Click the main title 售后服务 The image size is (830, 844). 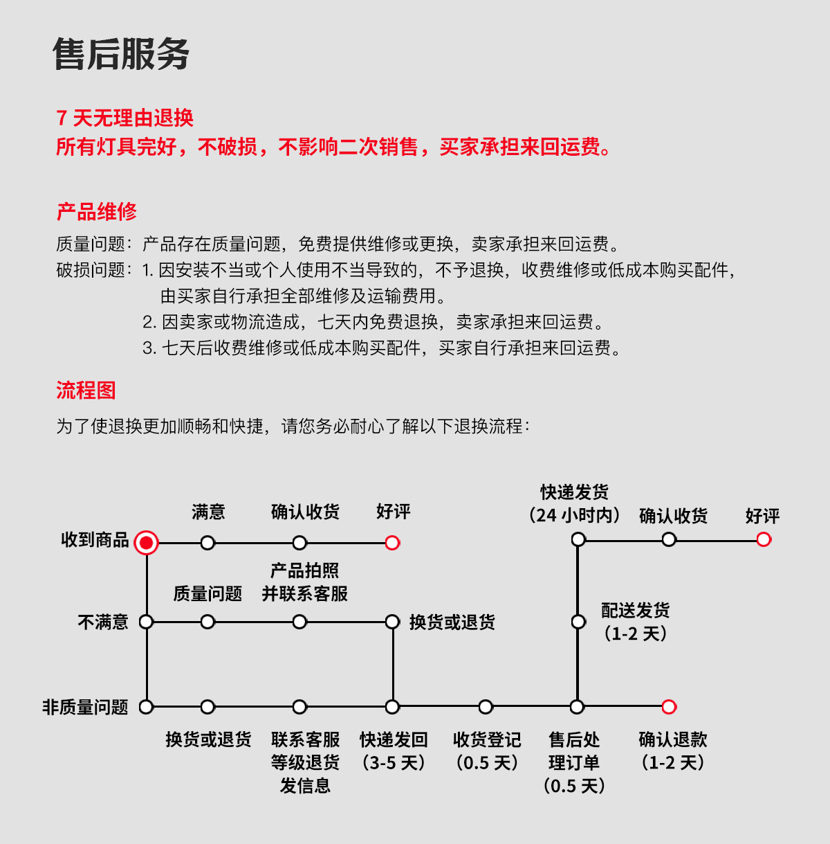[121, 54]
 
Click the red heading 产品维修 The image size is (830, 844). [97, 211]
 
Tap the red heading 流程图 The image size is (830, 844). [86, 390]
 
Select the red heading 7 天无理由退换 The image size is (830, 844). [125, 118]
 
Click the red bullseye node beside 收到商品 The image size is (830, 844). [146, 543]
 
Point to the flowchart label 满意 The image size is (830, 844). [208, 512]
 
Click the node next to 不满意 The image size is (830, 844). [146, 622]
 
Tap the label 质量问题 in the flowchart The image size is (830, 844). [207, 593]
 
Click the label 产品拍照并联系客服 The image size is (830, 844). [304, 582]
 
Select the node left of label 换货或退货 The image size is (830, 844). [392, 622]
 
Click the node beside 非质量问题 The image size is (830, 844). [146, 707]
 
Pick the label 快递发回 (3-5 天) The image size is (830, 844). [394, 751]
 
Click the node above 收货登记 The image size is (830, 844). [486, 707]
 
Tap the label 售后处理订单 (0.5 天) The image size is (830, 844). [574, 762]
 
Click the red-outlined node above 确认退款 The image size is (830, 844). [669, 707]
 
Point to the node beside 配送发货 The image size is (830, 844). [578, 622]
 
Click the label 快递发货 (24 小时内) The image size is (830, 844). [574, 503]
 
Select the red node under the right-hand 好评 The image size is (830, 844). [764, 539]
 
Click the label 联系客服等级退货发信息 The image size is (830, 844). [305, 762]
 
